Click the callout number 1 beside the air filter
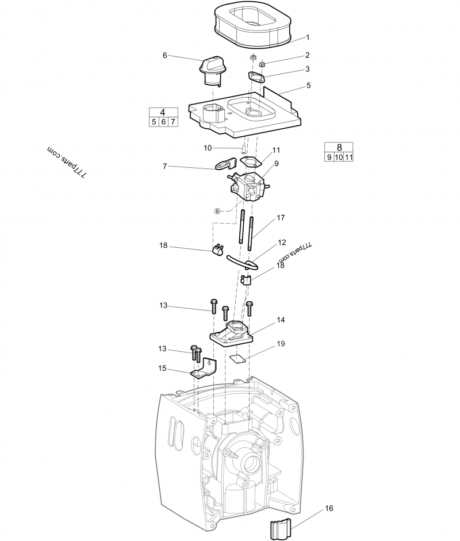click(x=308, y=37)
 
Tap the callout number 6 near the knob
click(x=165, y=55)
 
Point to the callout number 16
click(x=329, y=508)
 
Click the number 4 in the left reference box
click(x=163, y=112)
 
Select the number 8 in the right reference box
click(x=339, y=147)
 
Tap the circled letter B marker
click(x=217, y=211)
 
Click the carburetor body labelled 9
click(x=249, y=186)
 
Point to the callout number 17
click(x=281, y=218)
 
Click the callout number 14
click(x=281, y=320)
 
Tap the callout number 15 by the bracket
click(x=163, y=369)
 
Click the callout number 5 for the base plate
click(x=308, y=85)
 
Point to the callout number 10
click(x=208, y=148)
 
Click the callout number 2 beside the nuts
click(x=308, y=55)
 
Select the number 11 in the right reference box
click(x=348, y=157)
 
